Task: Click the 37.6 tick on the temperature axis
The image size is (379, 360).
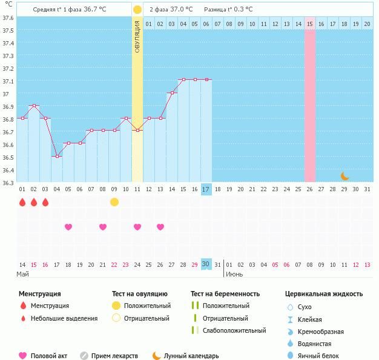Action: pos(8,18)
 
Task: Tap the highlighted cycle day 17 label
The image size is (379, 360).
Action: pos(206,189)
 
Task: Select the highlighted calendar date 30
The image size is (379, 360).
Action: pos(206,264)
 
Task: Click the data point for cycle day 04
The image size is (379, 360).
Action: pos(57,156)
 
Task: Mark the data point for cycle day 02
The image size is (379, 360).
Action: pos(34,106)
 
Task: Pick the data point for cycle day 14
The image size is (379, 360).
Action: pos(172,93)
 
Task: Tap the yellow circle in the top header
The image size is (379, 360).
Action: pos(137,10)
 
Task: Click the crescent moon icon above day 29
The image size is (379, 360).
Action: pos(344,176)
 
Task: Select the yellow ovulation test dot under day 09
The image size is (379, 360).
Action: pos(114,202)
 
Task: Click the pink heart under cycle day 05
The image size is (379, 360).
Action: pos(68,227)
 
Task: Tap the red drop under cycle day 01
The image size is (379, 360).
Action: pos(22,202)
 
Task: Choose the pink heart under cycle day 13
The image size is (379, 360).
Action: pos(160,227)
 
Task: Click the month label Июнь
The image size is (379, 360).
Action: pos(234,274)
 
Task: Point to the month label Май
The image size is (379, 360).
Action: pos(22,274)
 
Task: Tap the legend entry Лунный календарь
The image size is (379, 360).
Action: pos(191,356)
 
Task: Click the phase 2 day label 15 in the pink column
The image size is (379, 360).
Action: pos(309,24)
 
